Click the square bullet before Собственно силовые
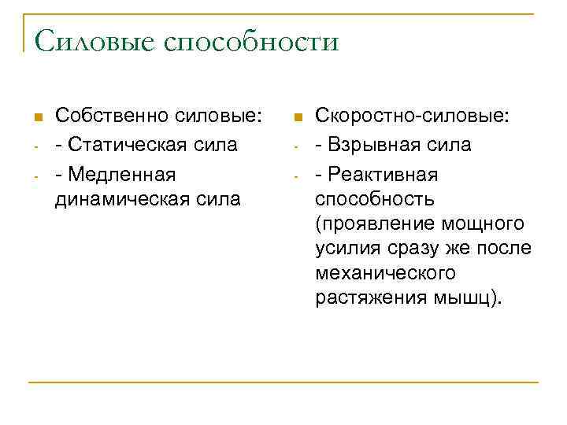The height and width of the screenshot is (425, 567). pos(36,118)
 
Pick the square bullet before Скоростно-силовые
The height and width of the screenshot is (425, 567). pos(297,118)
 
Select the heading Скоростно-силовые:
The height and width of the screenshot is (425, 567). pos(412,116)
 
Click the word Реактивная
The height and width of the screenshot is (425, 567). pos(387,173)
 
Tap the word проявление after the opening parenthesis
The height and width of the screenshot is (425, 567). pos(373,224)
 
